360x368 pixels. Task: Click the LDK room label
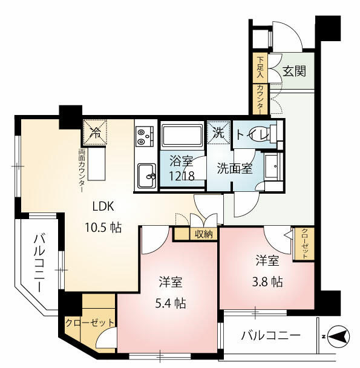(x=103, y=206)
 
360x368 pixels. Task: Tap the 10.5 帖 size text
(x=103, y=227)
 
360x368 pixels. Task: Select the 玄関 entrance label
(x=294, y=71)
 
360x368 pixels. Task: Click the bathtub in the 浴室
(x=182, y=136)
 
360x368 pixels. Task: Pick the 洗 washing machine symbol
(x=218, y=133)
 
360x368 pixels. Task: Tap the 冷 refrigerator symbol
(x=95, y=133)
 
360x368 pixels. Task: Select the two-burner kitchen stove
(x=145, y=137)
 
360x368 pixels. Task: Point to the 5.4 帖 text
(x=171, y=304)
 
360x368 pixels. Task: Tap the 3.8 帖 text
(x=267, y=281)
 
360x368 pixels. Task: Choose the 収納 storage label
(x=203, y=234)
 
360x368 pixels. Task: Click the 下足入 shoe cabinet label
(x=260, y=67)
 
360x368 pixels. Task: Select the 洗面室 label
(x=234, y=168)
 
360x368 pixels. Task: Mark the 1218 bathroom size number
(x=182, y=176)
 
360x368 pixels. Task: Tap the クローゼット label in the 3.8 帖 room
(x=304, y=243)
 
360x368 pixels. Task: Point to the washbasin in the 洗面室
(x=273, y=167)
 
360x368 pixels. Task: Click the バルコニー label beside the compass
(x=270, y=335)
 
